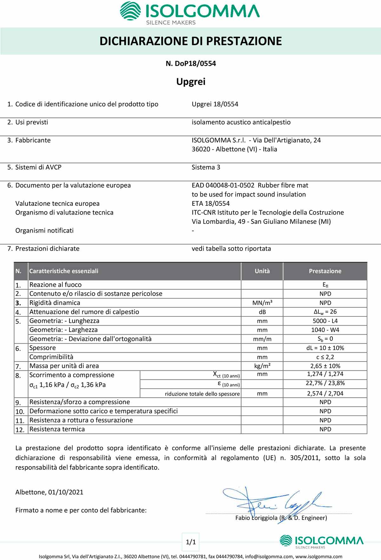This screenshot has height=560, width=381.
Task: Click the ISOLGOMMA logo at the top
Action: coord(190,13)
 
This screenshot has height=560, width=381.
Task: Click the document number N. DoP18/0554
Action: coord(190,64)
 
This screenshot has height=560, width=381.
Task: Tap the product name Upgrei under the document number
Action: coord(190,82)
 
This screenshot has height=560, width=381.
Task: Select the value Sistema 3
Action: coord(206,167)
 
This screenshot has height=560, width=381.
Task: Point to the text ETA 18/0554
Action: coord(211,204)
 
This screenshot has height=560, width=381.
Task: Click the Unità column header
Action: coord(262,271)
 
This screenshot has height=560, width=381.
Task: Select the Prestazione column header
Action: coord(325,271)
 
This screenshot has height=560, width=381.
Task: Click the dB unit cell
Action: coord(262,312)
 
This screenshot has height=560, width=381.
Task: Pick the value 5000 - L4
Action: coord(325,321)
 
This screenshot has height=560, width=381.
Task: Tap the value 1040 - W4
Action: coord(325,330)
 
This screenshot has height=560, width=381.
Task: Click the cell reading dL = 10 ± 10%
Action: coord(325,348)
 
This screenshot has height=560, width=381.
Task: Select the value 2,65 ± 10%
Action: coord(325,366)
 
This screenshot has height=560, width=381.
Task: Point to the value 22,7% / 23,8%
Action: coord(325,383)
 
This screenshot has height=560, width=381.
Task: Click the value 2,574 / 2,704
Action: coord(325,393)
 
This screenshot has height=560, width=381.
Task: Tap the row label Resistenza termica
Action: coord(57,429)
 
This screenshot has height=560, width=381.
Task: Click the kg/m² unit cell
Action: coord(262,366)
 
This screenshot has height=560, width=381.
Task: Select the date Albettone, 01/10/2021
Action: coord(49,492)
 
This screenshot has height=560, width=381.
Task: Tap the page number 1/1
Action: coord(190,542)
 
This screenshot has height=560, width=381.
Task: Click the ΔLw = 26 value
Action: coord(325,312)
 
